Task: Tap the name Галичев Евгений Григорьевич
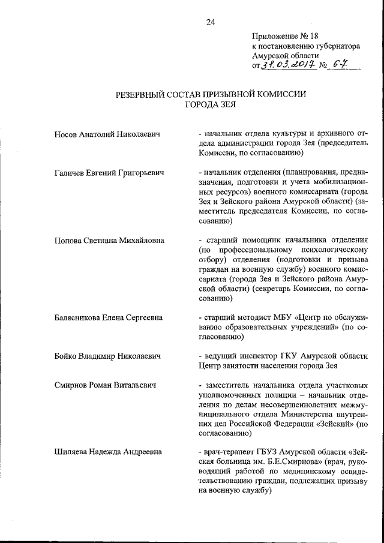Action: tap(109, 173)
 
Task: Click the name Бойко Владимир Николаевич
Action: tap(107, 356)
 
